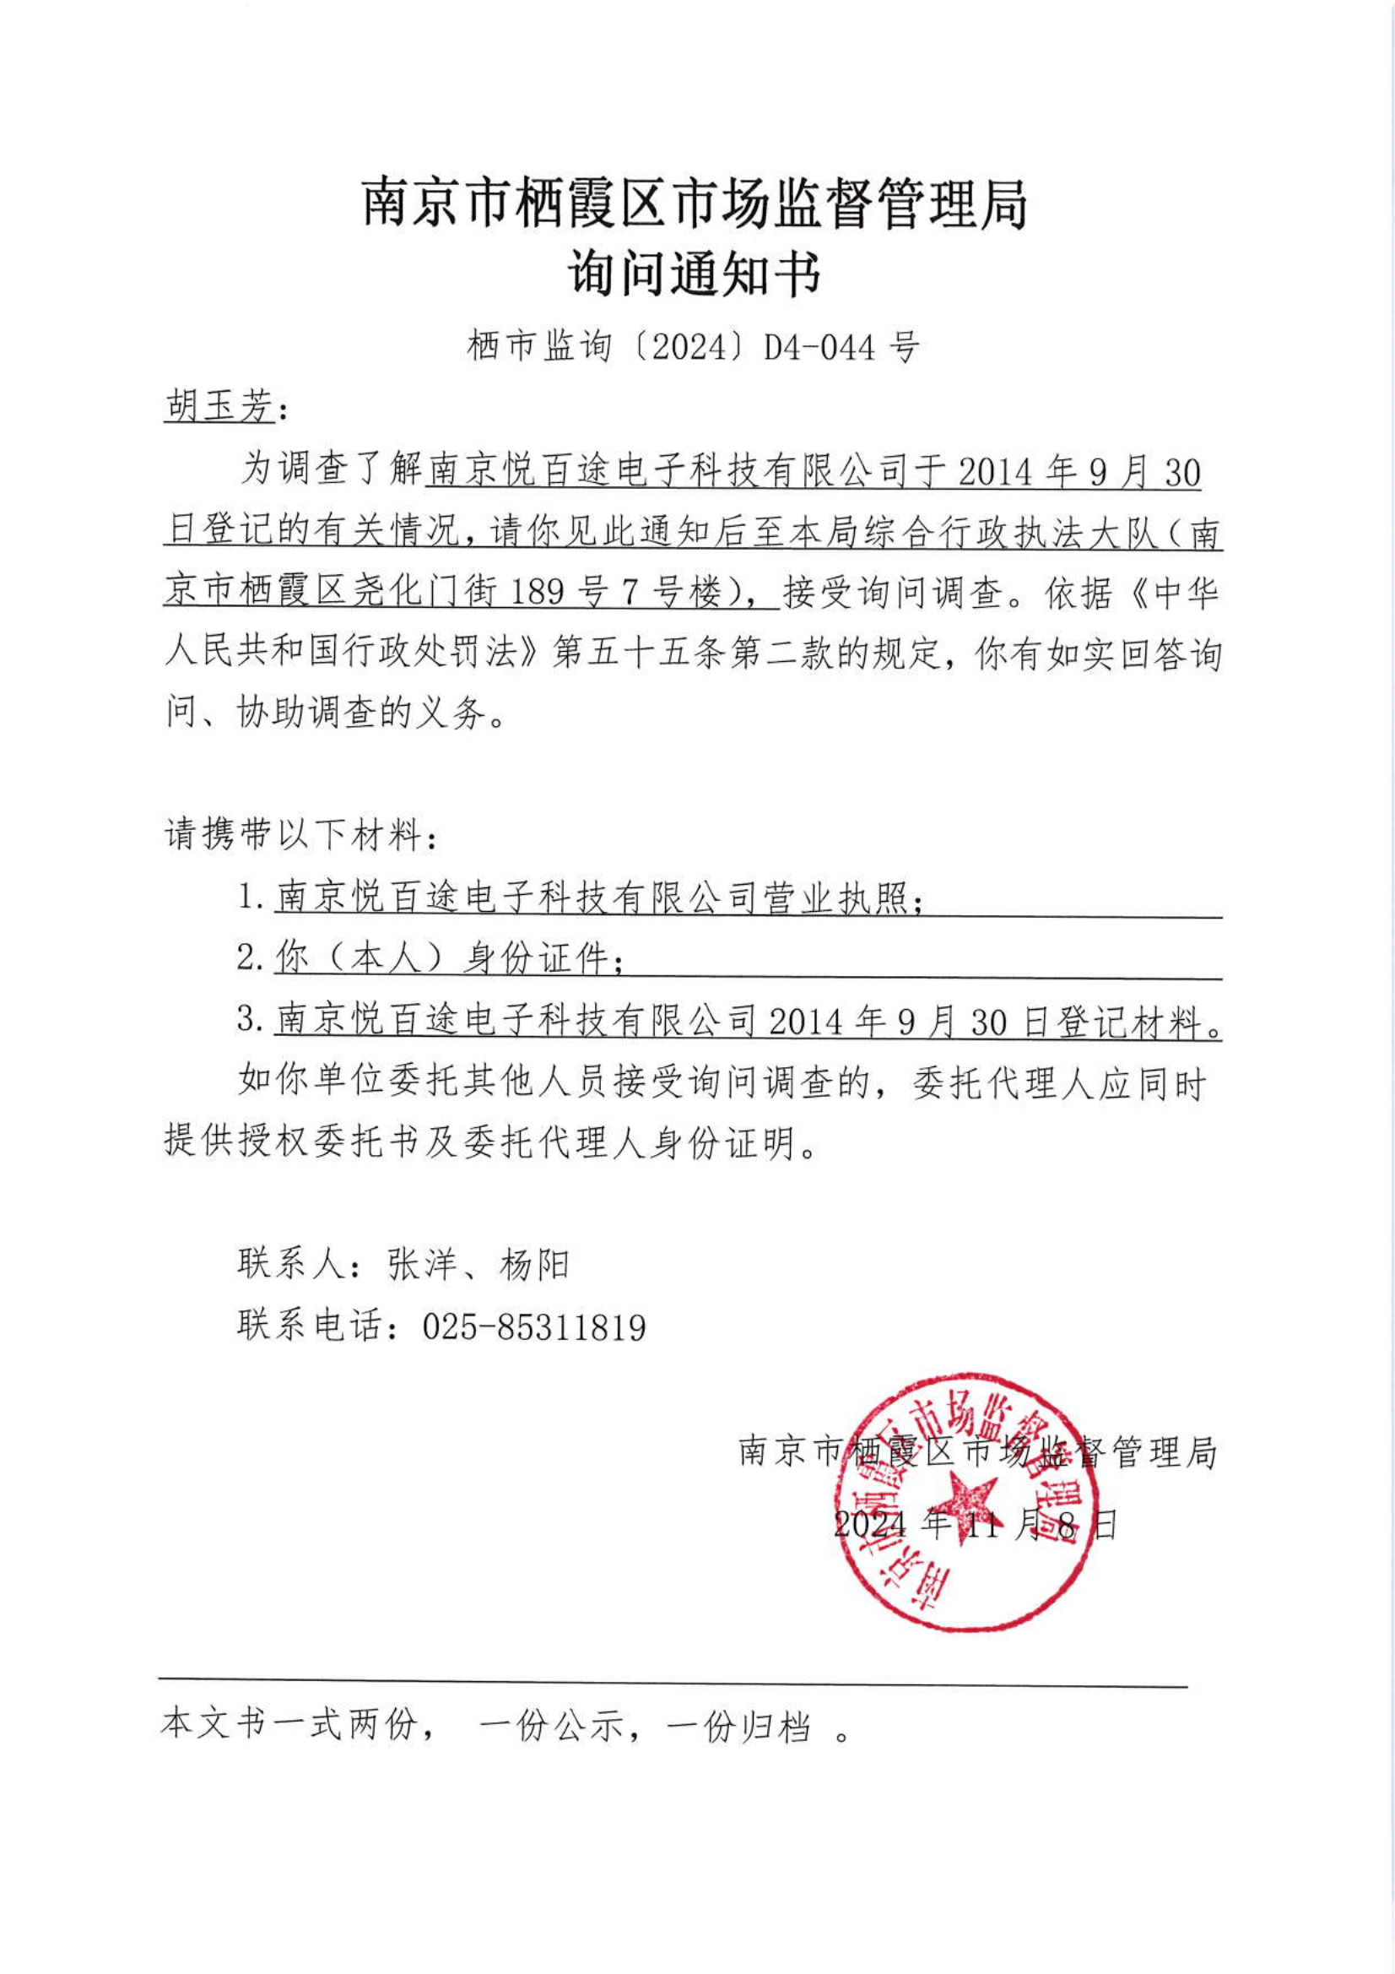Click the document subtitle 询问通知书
(695, 274)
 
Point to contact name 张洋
(421, 1265)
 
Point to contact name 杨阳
(533, 1265)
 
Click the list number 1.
(248, 898)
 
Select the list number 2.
(248, 957)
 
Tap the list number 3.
(248, 1020)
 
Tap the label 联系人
(292, 1265)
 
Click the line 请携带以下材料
(300, 834)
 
